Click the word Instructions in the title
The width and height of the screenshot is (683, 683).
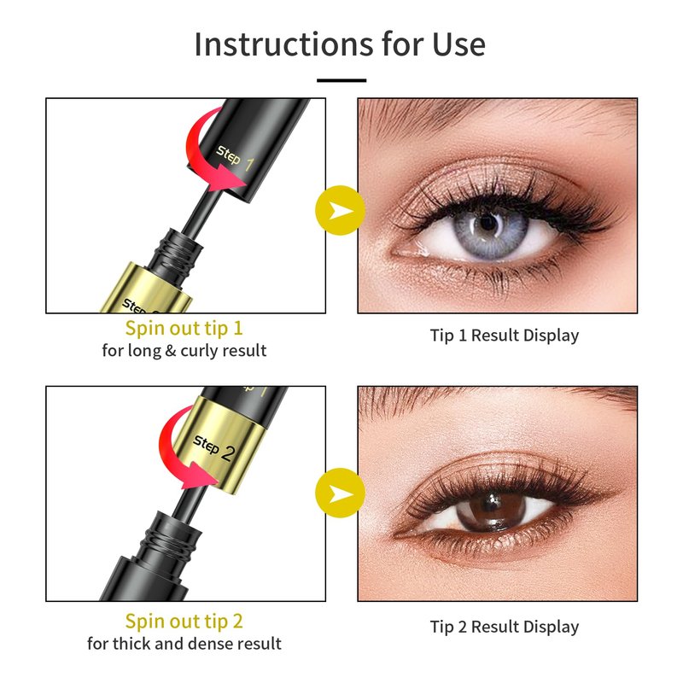point(283,44)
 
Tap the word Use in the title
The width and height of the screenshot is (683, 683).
point(458,44)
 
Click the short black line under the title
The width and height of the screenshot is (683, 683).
point(341,80)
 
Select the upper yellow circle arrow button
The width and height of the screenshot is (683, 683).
point(340,210)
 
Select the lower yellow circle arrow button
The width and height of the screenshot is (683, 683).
point(340,493)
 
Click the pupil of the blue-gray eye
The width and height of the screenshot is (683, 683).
point(487,224)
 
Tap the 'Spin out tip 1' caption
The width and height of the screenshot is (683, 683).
point(184,329)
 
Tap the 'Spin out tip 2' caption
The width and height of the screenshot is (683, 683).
point(184,622)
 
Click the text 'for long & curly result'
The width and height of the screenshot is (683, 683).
point(184,351)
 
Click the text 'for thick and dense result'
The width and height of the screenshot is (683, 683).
point(184,644)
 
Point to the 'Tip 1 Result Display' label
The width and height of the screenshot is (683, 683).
point(505,336)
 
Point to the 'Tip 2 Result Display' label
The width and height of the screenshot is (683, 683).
point(505,627)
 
